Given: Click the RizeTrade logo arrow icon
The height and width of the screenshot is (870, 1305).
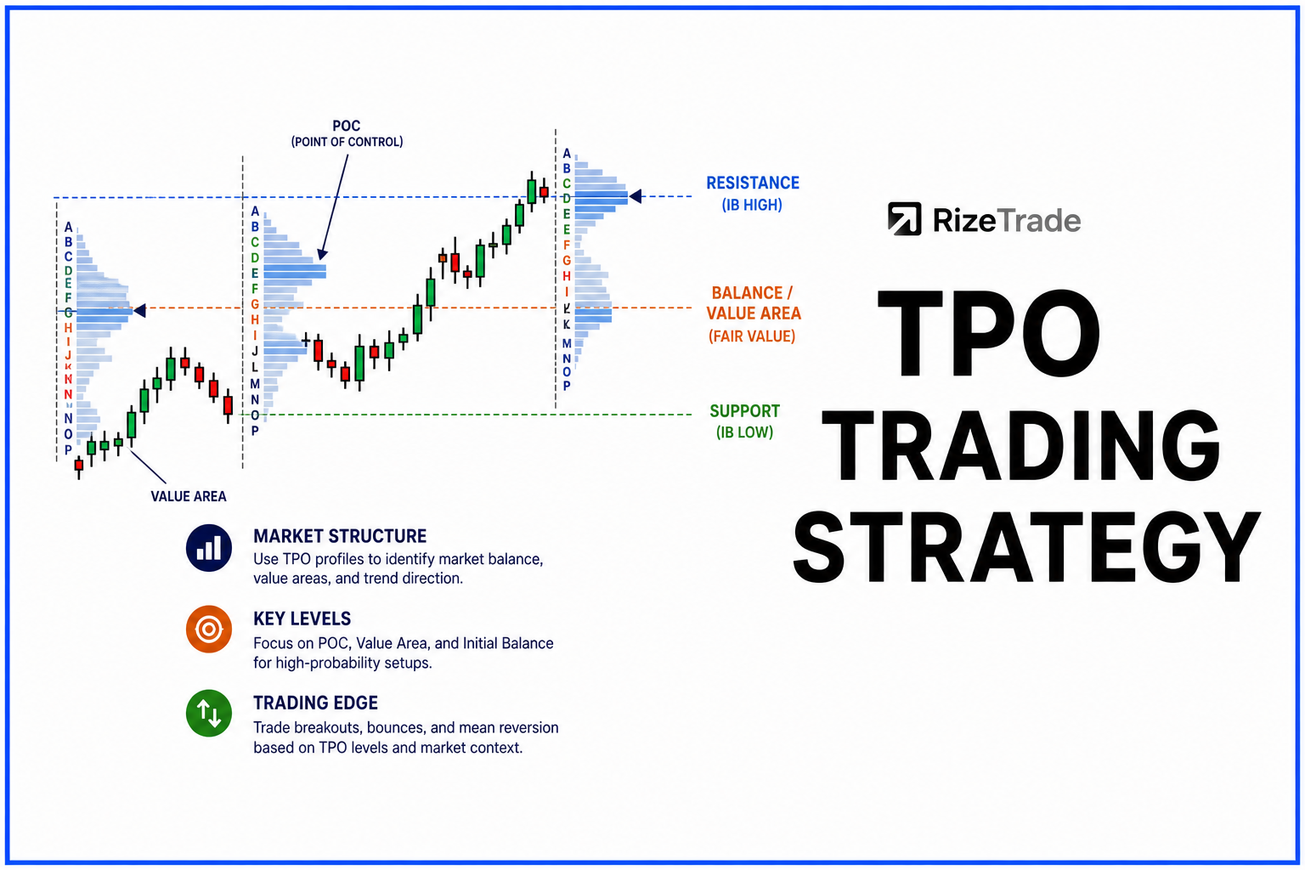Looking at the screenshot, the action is click(x=904, y=218).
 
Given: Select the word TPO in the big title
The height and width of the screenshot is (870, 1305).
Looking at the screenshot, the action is click(x=988, y=333).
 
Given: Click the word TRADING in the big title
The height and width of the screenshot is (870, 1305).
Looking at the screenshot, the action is click(x=1020, y=444).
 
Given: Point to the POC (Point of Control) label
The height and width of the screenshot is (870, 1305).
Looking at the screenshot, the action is click(x=347, y=133).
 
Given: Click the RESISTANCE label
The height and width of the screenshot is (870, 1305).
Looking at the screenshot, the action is click(x=753, y=183).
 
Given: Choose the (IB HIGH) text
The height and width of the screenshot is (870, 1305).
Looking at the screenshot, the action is click(x=752, y=205).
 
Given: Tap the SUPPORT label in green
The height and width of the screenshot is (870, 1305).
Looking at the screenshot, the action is click(x=744, y=411).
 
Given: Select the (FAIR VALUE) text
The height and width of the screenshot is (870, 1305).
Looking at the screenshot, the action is click(x=752, y=336).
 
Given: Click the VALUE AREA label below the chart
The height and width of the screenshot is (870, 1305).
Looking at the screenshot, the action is click(x=188, y=496).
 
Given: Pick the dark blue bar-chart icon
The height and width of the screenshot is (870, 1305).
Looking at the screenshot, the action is click(x=208, y=548).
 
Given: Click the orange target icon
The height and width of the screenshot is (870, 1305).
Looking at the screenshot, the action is click(x=208, y=630).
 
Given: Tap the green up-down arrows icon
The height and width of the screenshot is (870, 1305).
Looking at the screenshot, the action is click(x=208, y=714).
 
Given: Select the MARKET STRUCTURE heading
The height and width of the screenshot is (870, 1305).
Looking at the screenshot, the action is click(x=340, y=536).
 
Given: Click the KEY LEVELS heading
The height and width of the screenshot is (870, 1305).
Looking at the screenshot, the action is click(x=302, y=619).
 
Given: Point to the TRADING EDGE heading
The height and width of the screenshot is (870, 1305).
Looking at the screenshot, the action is click(x=315, y=703).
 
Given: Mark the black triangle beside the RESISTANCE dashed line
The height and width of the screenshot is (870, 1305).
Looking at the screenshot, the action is click(x=636, y=196).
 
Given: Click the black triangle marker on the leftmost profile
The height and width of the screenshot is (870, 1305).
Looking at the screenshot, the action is click(x=140, y=311).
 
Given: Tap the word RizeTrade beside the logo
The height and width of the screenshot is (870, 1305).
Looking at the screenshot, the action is click(x=1007, y=220).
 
